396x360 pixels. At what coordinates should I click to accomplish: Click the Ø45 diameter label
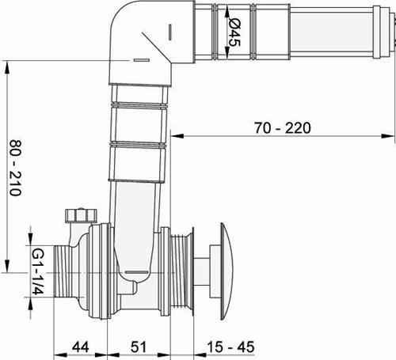click(234, 32)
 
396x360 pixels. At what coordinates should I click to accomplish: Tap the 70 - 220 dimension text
click(283, 128)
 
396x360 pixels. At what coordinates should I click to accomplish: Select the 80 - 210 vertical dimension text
click(16, 168)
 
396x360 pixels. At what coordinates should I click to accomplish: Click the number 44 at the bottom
click(81, 347)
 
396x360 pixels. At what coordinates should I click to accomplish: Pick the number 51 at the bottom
click(139, 347)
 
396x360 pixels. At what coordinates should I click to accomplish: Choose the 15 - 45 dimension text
click(230, 347)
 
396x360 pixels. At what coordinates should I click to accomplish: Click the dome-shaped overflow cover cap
click(227, 271)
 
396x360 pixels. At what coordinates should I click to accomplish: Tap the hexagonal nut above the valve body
click(81, 215)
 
